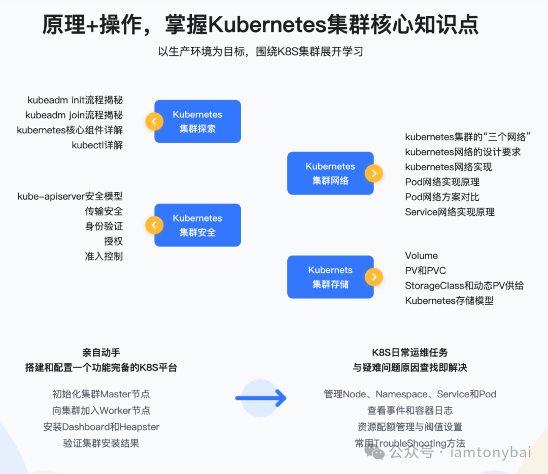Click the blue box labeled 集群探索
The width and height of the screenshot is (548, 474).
pos(198,121)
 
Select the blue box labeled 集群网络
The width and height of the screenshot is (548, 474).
pos(330,173)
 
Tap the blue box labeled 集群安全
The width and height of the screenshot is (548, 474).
pos(198,225)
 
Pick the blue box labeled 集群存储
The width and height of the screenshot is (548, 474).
pos(330,277)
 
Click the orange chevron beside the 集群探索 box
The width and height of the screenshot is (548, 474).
pos(154,121)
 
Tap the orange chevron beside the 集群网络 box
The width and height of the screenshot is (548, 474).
pos(374,173)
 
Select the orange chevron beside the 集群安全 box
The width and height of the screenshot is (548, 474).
pos(154,225)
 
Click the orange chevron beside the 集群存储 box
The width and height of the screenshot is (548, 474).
pos(374,277)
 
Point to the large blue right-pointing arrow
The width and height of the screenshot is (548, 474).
pos(261,398)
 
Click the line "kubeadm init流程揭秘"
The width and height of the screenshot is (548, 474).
pos(75,100)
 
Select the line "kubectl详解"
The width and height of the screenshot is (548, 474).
pos(97,145)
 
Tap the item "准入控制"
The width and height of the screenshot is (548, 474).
pos(104,256)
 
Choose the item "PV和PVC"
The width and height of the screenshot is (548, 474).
pos(425,271)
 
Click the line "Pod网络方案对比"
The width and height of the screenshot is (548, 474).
pos(442,197)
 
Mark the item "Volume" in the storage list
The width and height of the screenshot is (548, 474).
pos(421,256)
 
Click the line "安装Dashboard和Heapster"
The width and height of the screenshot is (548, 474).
pos(101,427)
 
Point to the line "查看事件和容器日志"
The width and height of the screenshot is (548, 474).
pos(410,410)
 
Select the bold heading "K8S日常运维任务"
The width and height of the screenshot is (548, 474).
pos(410,353)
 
